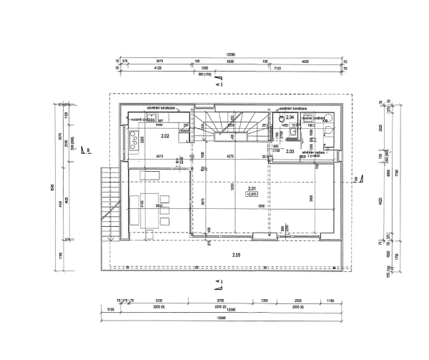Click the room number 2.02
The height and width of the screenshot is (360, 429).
point(164,135)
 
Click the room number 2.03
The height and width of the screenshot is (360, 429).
point(290,151)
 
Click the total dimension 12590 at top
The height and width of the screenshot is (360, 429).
point(230,54)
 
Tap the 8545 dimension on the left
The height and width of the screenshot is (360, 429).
point(52,188)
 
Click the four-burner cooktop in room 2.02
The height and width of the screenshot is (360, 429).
point(134,144)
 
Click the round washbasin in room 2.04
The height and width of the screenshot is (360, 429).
point(329,119)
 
